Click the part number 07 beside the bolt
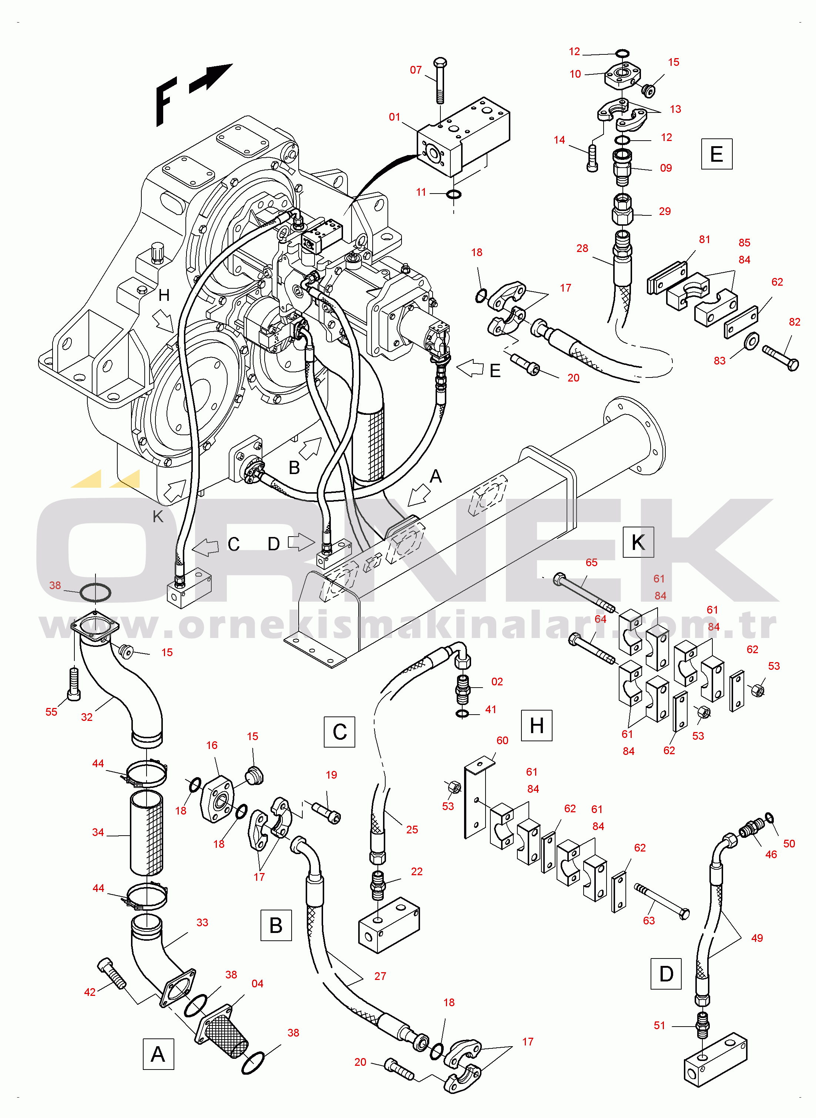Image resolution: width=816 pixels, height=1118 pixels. coord(416,70)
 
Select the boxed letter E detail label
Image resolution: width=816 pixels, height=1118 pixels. coord(716,154)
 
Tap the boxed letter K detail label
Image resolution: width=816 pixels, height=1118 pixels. coord(638,542)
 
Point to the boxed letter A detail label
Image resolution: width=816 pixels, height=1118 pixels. coord(158,1054)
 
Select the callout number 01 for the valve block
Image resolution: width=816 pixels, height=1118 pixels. coord(394,117)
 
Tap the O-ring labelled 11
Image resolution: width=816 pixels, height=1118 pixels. coord(453,194)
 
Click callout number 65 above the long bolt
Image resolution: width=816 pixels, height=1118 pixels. coord(591,563)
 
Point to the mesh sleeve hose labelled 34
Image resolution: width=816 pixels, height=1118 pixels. coord(147,833)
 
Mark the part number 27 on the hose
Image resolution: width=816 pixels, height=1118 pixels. coord(380,976)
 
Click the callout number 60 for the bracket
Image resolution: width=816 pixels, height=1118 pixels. coord(502,740)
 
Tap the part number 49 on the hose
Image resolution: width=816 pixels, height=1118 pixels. coord(757,938)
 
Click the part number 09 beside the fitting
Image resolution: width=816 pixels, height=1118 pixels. coord(666,168)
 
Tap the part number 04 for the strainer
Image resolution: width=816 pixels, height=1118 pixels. coord(257,983)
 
